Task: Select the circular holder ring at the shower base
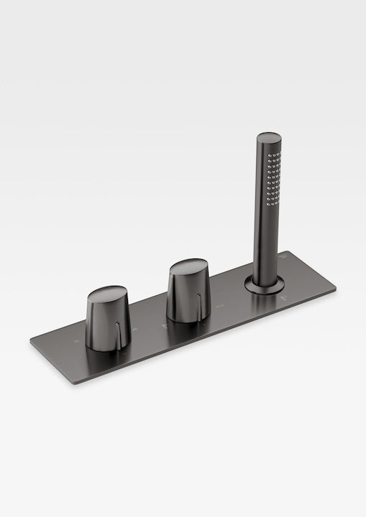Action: [x=263, y=283]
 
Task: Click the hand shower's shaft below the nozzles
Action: [x=265, y=237]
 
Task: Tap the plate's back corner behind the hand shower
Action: [x=286, y=252]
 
